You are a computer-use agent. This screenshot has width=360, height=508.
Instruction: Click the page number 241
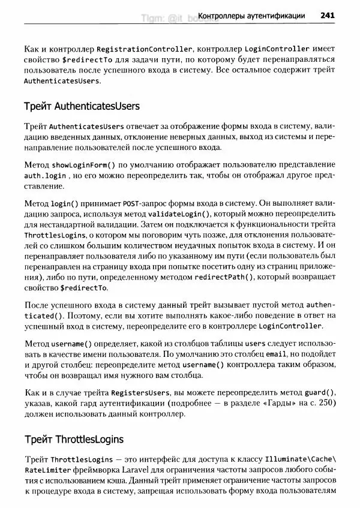tap(327, 16)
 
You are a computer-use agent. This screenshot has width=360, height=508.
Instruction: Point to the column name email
tap(276, 354)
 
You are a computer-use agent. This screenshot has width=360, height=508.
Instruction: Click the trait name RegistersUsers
tap(130, 392)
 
